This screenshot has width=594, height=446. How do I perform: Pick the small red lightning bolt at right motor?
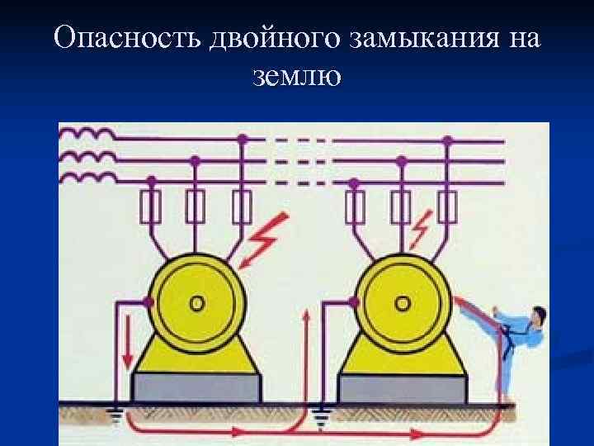[x=423, y=226]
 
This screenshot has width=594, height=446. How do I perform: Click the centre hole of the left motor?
[x=196, y=303]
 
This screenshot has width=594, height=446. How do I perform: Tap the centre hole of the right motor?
[x=402, y=304]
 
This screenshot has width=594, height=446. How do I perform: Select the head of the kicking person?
[x=538, y=314]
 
